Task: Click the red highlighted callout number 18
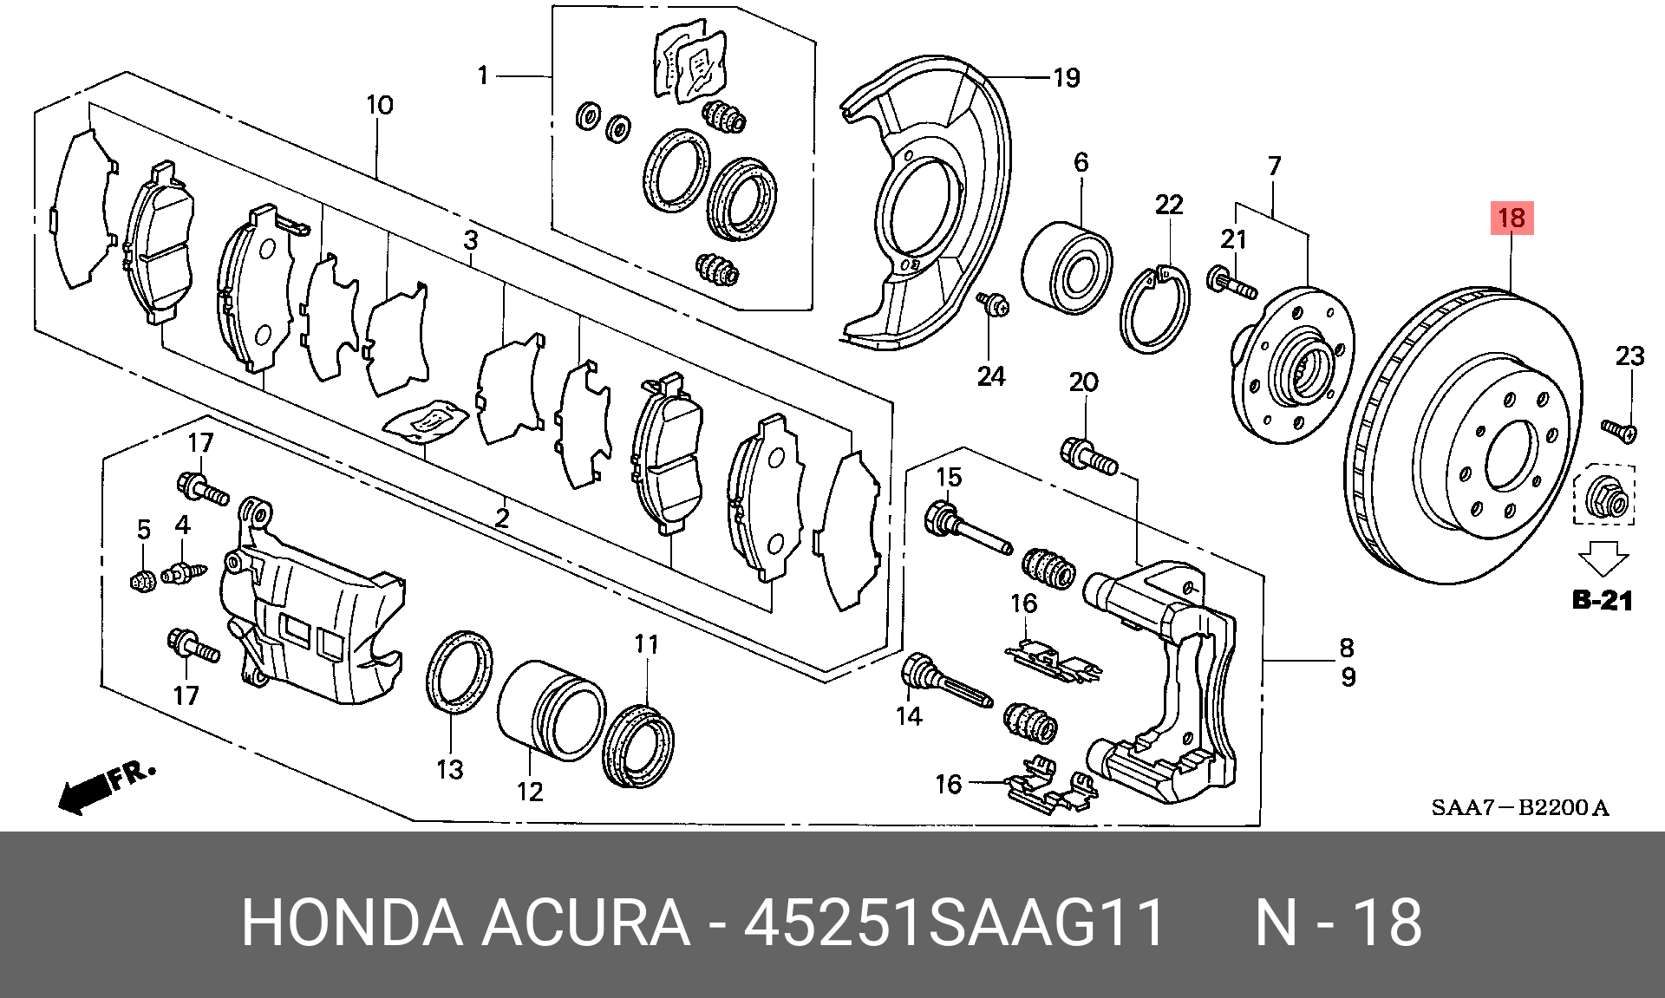(x=1512, y=218)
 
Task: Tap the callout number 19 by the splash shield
(x=1066, y=78)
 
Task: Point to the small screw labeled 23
(x=1618, y=429)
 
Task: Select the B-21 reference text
(x=1602, y=600)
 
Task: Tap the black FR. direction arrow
(x=82, y=793)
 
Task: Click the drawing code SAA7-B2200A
(x=1519, y=808)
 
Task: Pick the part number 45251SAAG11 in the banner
(x=954, y=923)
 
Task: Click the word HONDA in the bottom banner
(x=351, y=923)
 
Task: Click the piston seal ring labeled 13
(x=459, y=672)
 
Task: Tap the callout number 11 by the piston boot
(x=646, y=644)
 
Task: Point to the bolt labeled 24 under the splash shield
(x=994, y=304)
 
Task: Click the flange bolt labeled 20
(x=1089, y=456)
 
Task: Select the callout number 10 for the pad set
(x=379, y=105)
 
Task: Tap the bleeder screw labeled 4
(x=182, y=572)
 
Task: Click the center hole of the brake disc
(x=1512, y=456)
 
